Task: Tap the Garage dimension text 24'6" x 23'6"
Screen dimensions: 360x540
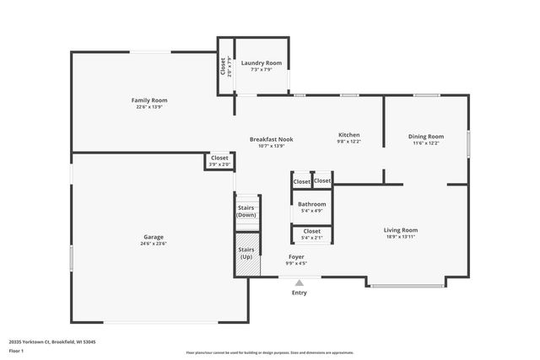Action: (x=153, y=244)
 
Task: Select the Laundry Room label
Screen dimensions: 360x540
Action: (x=262, y=63)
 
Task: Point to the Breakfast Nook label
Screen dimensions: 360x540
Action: (x=271, y=139)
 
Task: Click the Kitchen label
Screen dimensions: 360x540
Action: (x=349, y=135)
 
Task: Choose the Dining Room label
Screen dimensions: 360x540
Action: (x=426, y=136)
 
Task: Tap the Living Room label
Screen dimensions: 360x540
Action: (x=401, y=229)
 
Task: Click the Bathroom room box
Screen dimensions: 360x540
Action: (x=311, y=207)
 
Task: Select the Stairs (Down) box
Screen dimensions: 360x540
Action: (x=246, y=211)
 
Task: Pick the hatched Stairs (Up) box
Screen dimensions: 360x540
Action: (x=246, y=253)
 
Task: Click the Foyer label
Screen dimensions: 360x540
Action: (x=296, y=256)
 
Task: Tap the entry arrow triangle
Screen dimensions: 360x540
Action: (x=299, y=283)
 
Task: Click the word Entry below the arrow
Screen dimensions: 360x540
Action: (x=300, y=293)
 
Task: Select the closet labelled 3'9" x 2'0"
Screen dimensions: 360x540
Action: (x=219, y=160)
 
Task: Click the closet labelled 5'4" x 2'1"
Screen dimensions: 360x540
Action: (x=311, y=234)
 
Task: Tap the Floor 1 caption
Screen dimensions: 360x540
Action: (x=16, y=350)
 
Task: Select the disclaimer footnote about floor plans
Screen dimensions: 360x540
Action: (x=269, y=352)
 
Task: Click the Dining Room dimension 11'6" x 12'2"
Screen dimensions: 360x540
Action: (x=426, y=143)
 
